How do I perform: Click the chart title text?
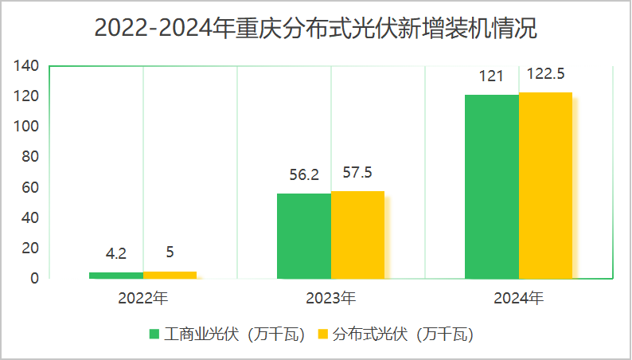tap(315, 29)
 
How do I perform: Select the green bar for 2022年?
tap(116, 275)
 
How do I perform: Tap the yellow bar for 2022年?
tap(170, 275)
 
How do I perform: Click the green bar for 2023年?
tap(304, 236)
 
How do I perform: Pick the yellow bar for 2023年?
tap(357, 235)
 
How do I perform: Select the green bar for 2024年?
tap(492, 186)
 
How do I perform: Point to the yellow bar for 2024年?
tap(545, 186)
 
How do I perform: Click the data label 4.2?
tap(116, 255)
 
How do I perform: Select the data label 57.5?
tap(357, 173)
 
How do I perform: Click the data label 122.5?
tap(545, 75)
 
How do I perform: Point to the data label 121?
tap(491, 77)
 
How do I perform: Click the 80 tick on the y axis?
tap(31, 157)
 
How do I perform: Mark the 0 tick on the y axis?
tap(35, 278)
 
